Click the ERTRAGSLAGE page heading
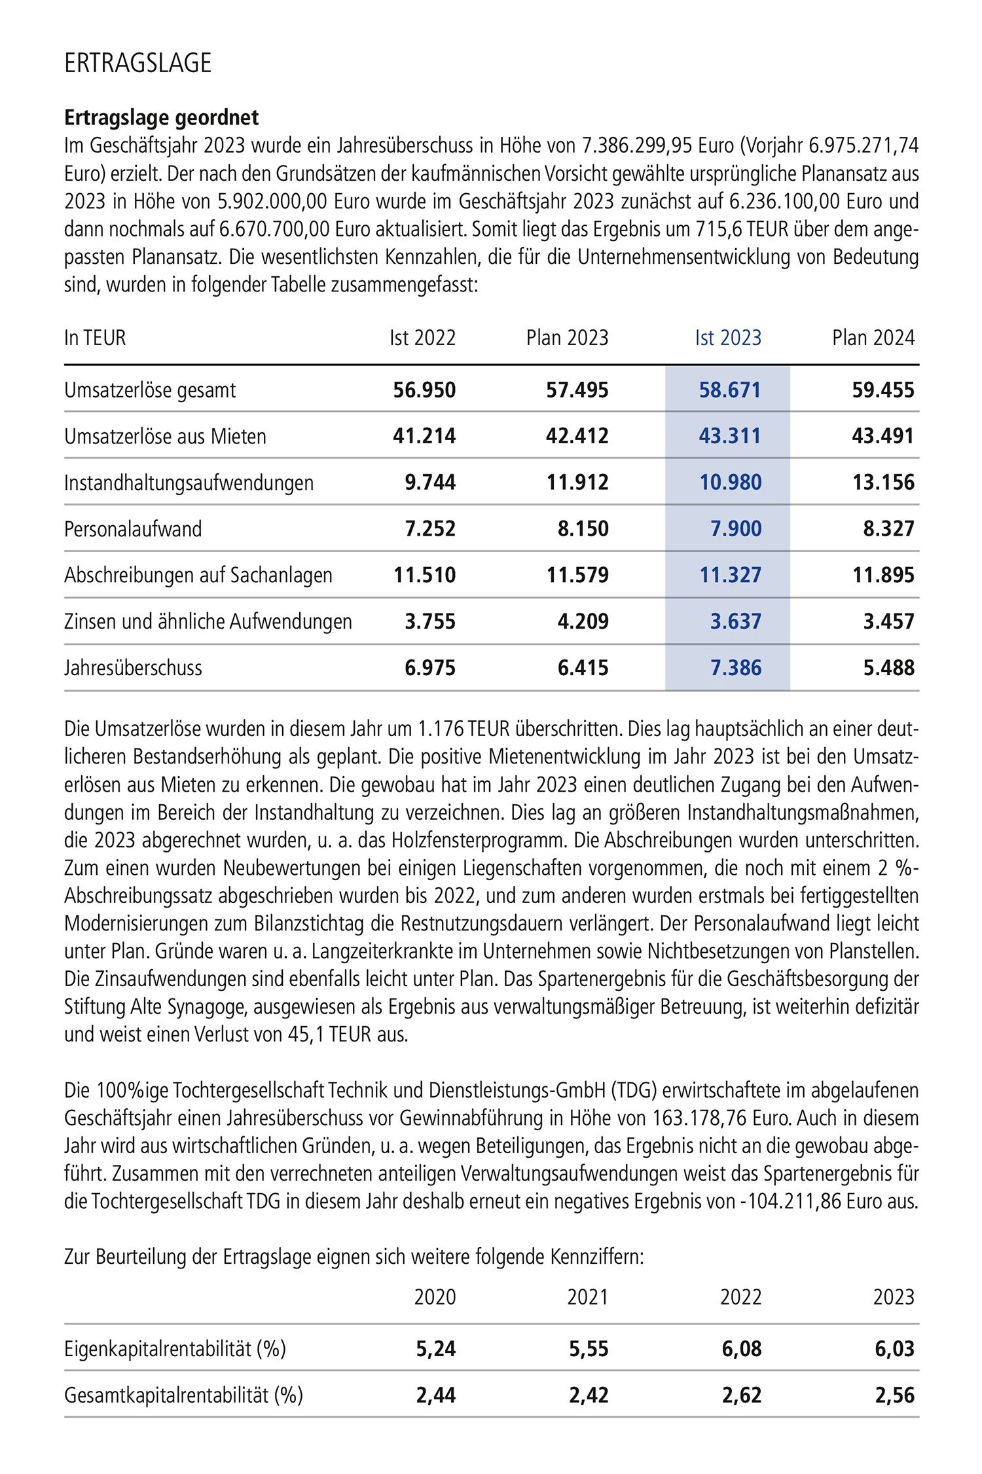pyautogui.click(x=138, y=63)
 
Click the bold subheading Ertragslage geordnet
pyautogui.click(x=162, y=118)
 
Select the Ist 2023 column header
pyautogui.click(x=728, y=338)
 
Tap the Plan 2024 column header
pyautogui.click(x=873, y=338)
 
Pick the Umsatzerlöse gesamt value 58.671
pyautogui.click(x=729, y=390)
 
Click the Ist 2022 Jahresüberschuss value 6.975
pyautogui.click(x=430, y=668)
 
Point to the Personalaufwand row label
pyautogui.click(x=133, y=529)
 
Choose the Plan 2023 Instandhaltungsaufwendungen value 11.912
pyautogui.click(x=577, y=483)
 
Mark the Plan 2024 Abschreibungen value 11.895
pyautogui.click(x=883, y=576)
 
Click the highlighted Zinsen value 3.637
pyautogui.click(x=736, y=621)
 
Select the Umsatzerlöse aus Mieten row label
pyautogui.click(x=165, y=437)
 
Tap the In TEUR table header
pyautogui.click(x=95, y=338)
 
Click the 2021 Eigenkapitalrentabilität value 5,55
pyautogui.click(x=589, y=1349)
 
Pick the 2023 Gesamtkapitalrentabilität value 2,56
pyautogui.click(x=894, y=1395)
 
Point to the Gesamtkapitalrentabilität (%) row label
pyautogui.click(x=183, y=1395)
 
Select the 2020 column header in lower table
pyautogui.click(x=435, y=1297)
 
